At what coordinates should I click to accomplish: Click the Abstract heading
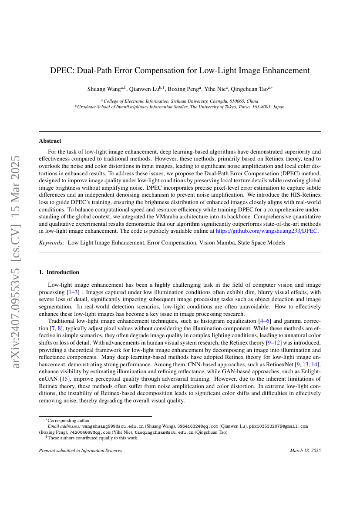pos(50,141)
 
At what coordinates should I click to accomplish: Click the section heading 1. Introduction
pos(59,272)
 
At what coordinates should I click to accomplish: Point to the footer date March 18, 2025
pos(305,451)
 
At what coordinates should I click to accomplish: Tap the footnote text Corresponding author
pos(68,421)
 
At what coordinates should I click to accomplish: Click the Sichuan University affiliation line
pos(180,100)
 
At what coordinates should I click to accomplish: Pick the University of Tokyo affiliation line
pos(180,107)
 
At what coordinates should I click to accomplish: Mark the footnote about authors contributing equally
pos(93,438)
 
